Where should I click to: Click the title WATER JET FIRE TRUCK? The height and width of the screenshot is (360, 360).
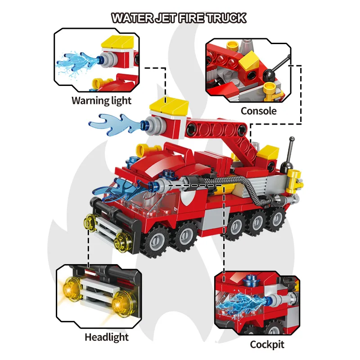coord(179,18)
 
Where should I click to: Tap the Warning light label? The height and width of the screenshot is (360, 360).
coord(101,100)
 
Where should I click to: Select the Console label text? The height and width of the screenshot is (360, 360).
coord(258,110)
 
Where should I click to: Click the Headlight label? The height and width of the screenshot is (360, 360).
coord(106,337)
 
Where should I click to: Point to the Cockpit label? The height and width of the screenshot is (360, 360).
coord(267,345)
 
